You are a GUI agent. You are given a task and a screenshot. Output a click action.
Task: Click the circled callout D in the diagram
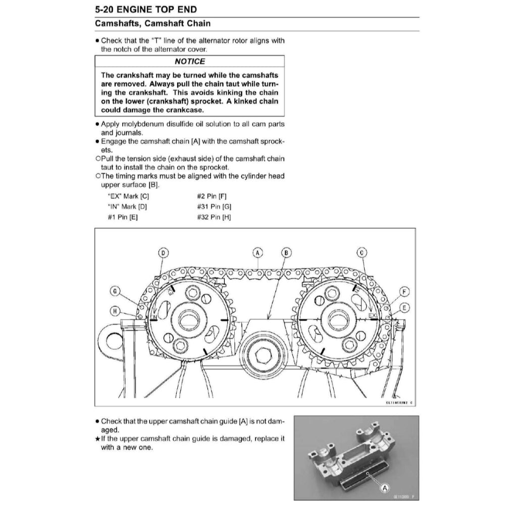(x=163, y=252)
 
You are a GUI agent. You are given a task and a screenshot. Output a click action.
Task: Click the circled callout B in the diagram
(x=286, y=252)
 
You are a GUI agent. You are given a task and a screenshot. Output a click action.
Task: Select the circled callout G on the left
(x=115, y=291)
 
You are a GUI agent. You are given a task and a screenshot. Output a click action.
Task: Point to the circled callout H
(x=115, y=311)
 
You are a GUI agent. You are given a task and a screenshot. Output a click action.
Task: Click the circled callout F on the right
(x=404, y=292)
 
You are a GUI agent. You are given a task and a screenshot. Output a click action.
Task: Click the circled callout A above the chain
(x=257, y=252)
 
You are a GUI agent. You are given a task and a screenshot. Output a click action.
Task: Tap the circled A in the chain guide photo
(x=385, y=488)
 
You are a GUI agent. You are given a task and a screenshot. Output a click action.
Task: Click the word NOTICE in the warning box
(x=190, y=62)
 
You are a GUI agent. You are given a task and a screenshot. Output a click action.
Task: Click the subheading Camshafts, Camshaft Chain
(x=153, y=24)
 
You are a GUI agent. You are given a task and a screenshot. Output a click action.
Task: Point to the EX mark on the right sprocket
(x=373, y=316)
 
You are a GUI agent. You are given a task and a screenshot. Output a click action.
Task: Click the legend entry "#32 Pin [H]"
(x=214, y=217)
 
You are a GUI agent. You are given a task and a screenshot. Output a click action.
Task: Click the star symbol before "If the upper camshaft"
(x=97, y=439)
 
